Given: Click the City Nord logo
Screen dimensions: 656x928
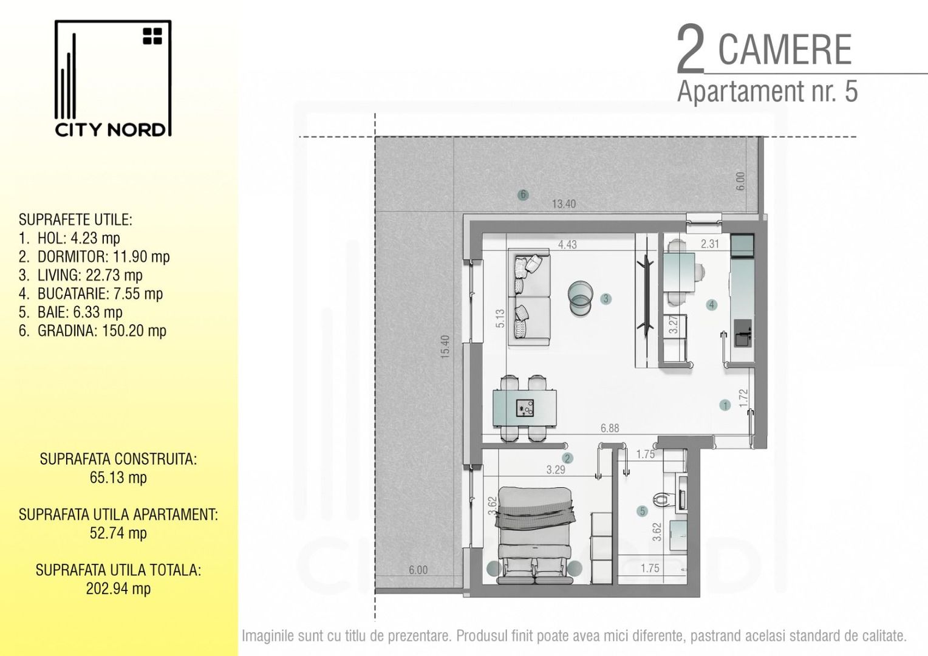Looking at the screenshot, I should pos(113,79).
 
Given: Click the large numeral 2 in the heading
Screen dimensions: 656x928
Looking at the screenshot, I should pos(691,51).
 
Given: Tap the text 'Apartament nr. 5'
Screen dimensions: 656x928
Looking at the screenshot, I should pos(767,92).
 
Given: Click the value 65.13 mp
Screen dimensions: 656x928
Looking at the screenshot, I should pos(118,477).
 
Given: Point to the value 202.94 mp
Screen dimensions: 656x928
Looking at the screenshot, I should pos(118,589).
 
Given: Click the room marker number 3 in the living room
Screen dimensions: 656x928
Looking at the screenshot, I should pos(606,299).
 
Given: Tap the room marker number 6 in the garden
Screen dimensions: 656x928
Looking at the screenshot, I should pos(523,195).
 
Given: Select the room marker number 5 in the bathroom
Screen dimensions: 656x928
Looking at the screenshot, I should pos(643,511).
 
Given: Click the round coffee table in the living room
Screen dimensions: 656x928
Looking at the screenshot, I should pos(580,298).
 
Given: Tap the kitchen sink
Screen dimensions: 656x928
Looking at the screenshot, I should pos(742,333).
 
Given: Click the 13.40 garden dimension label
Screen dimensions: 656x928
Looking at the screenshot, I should pos(564,204).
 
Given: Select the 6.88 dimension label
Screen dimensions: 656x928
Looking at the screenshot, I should pos(610,428).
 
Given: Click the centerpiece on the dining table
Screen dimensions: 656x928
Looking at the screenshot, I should pos(525,408).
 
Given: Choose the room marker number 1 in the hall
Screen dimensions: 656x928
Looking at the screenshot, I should pos(724,405).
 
